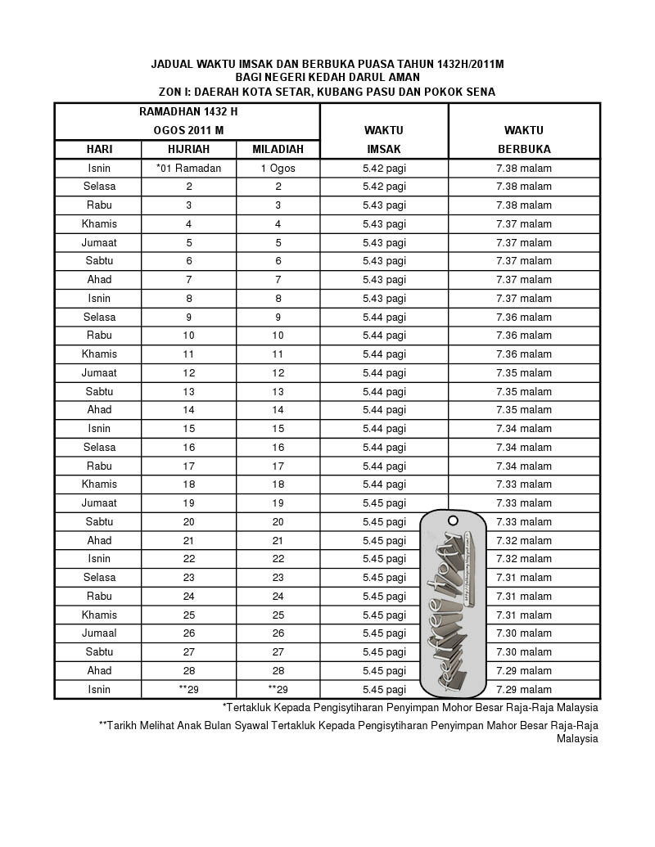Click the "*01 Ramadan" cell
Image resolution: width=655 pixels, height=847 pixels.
(189, 169)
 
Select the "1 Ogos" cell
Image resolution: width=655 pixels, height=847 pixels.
(278, 169)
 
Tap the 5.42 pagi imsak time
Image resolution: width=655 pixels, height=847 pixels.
(384, 169)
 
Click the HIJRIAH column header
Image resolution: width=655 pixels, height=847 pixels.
(189, 149)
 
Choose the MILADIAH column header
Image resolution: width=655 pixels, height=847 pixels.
(278, 149)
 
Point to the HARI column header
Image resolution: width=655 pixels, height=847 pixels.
(99, 149)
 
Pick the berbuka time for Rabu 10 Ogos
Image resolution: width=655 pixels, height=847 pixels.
(524, 336)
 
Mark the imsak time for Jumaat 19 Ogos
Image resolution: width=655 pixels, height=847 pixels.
(384, 503)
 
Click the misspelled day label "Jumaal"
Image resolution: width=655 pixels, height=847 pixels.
(99, 633)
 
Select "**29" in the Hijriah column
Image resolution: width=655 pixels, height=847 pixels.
(189, 690)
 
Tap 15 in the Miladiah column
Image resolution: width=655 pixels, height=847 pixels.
(278, 429)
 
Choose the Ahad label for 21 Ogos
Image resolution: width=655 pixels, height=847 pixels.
(99, 541)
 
